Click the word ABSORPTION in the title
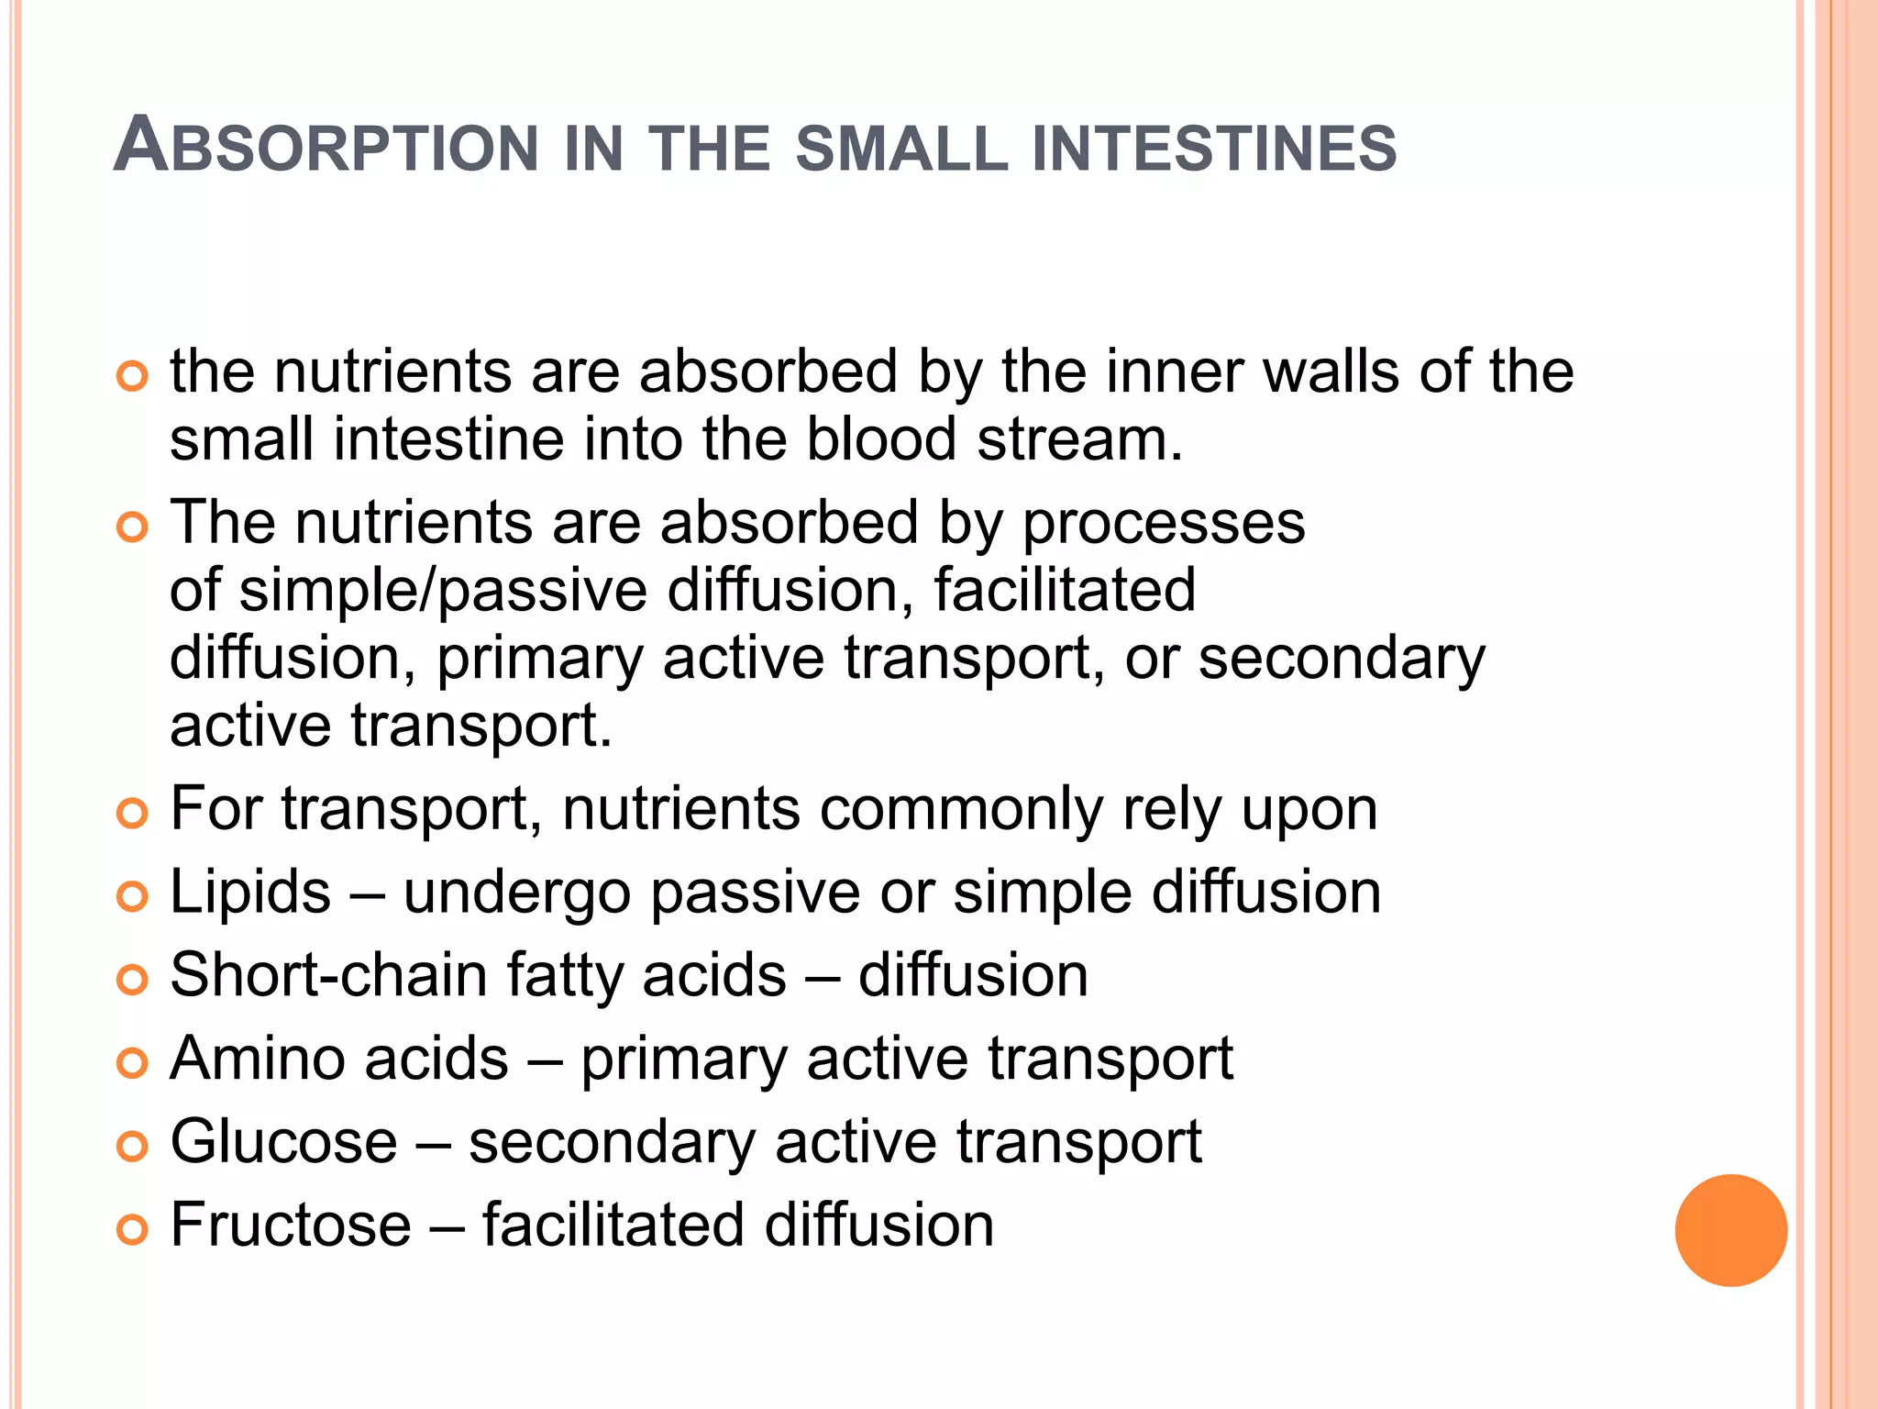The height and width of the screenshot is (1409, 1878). pyautogui.click(x=326, y=147)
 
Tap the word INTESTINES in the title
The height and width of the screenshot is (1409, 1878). pyautogui.click(x=1213, y=149)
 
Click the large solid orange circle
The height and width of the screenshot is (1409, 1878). pyautogui.click(x=1730, y=1230)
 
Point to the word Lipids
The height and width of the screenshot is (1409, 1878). pyautogui.click(x=249, y=892)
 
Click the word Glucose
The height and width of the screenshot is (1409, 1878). pyautogui.click(x=283, y=1142)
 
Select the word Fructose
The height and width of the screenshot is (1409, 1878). pyautogui.click(x=291, y=1225)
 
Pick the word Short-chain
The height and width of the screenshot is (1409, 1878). pyautogui.click(x=328, y=975)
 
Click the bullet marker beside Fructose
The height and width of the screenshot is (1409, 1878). pyautogui.click(x=133, y=1229)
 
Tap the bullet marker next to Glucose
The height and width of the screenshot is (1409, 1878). pyautogui.click(x=133, y=1146)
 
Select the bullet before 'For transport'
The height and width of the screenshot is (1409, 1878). pyautogui.click(x=133, y=813)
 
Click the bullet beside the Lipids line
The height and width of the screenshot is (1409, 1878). pyautogui.click(x=133, y=896)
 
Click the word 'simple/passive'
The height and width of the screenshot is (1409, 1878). pyautogui.click(x=443, y=591)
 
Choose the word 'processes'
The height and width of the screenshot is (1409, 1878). pyautogui.click(x=1163, y=524)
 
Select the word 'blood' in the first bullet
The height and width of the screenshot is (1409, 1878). pyautogui.click(x=881, y=440)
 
